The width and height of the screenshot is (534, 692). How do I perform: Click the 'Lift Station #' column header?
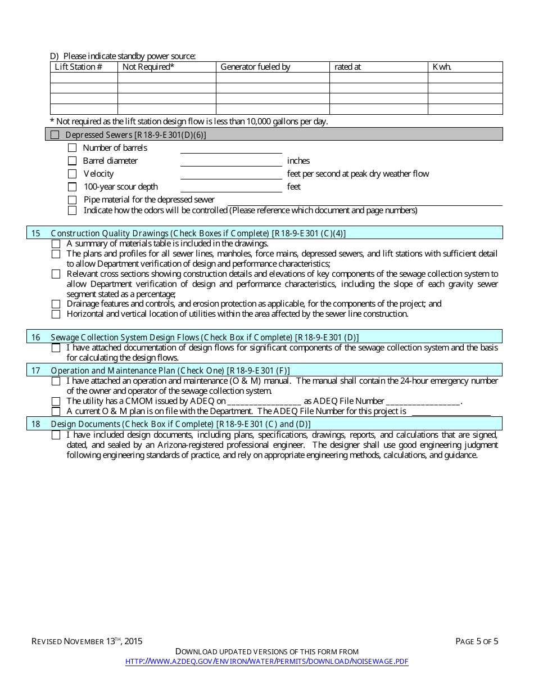[78, 67]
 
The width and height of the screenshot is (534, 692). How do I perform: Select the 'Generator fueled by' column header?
[255, 67]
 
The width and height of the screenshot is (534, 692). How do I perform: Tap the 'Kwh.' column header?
[442, 67]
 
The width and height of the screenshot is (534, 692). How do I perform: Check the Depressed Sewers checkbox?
[55, 134]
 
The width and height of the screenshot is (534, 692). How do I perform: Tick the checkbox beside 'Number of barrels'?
[72, 148]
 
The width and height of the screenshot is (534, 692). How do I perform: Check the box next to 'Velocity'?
[72, 174]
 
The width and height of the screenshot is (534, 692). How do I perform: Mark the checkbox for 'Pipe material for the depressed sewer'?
[72, 200]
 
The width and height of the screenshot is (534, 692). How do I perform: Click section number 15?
[36, 233]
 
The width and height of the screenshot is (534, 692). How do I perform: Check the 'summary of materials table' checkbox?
[56, 244]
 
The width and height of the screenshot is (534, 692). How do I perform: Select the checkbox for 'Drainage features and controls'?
[56, 304]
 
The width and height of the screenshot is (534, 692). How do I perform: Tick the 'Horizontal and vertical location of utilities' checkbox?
[56, 314]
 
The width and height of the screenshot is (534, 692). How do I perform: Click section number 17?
[36, 370]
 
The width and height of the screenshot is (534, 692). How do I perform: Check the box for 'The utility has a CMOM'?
[56, 401]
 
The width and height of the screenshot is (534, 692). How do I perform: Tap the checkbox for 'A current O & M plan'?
[56, 411]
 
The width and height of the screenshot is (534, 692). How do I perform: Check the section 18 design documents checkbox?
[56, 435]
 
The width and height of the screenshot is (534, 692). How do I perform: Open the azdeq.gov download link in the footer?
[266, 662]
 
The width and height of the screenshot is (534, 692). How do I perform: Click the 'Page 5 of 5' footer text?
[477, 641]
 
